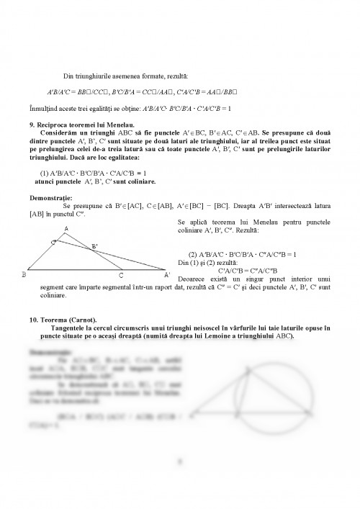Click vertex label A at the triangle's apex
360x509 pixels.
66,229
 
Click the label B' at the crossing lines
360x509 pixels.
93,246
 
